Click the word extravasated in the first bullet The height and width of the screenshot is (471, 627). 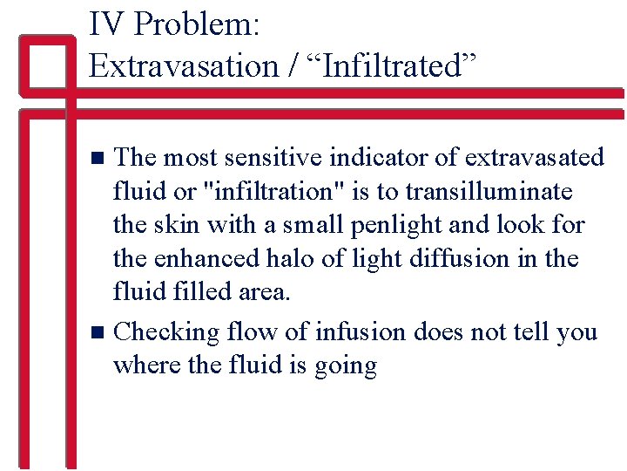coord(534,157)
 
